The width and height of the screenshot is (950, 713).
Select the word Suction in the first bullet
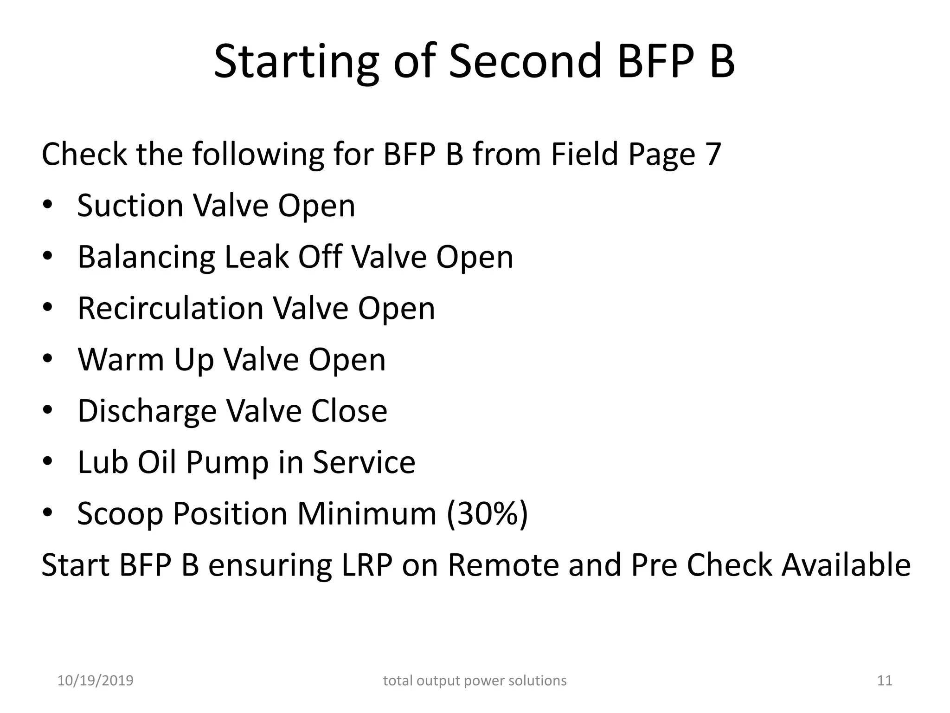130,206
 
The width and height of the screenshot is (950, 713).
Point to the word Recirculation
170,308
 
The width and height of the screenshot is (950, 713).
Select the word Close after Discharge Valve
349,411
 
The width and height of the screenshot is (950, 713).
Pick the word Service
364,462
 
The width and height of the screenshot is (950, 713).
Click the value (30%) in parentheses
487,514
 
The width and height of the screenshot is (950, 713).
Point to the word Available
846,565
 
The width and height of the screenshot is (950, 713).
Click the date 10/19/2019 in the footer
95,681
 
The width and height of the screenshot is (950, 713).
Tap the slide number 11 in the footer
885,681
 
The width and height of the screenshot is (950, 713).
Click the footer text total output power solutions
475,681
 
